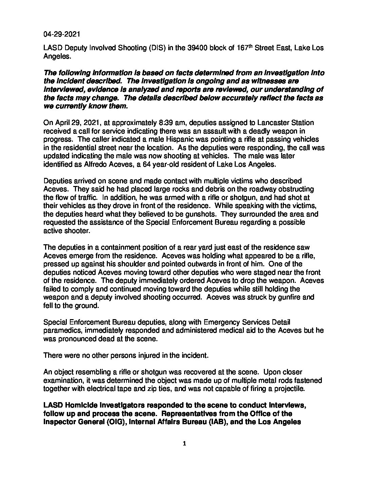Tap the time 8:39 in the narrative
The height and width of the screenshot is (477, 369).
click(156, 122)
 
